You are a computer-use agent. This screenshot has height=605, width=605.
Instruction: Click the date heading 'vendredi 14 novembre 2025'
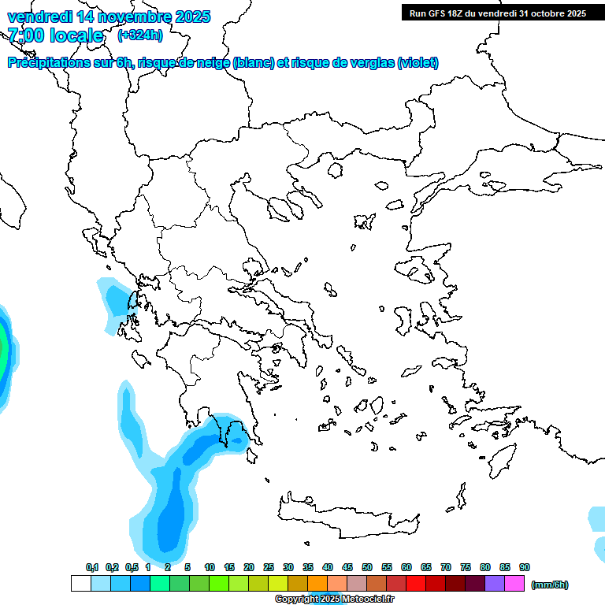(109, 16)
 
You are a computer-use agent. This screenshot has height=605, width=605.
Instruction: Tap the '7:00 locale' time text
(56, 35)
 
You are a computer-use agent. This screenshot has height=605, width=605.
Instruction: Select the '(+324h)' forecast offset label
(140, 35)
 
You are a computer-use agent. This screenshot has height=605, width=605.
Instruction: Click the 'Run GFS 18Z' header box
(497, 13)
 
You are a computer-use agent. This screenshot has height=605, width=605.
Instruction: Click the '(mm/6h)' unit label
(550, 585)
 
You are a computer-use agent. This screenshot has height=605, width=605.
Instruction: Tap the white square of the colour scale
(80, 584)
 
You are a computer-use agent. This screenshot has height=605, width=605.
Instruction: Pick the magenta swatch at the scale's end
(514, 584)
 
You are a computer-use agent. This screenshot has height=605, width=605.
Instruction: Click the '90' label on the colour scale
(525, 567)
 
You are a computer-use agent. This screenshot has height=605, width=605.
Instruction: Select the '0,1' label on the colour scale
(92, 567)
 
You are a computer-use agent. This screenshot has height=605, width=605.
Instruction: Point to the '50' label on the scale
(367, 567)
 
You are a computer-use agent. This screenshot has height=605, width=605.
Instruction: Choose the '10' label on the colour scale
(210, 567)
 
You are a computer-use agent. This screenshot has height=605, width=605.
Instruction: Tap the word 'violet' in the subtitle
(417, 63)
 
